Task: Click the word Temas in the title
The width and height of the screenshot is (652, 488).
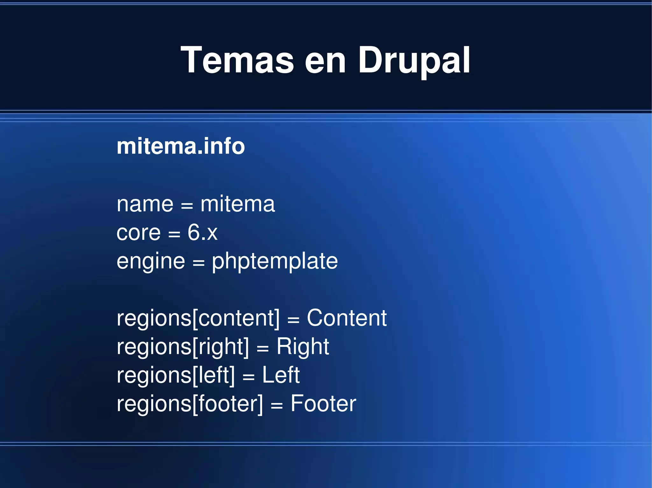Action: tap(237, 60)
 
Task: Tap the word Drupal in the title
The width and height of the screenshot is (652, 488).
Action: tap(414, 60)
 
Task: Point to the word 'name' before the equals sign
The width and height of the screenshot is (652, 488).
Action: tap(145, 204)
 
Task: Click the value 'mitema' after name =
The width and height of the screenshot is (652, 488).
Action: tap(237, 204)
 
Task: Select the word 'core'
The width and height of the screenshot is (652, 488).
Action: tap(138, 233)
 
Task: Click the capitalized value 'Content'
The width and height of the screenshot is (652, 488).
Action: tap(347, 318)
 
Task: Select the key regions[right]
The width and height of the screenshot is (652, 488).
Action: tap(183, 347)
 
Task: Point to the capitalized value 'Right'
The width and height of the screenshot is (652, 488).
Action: tap(302, 347)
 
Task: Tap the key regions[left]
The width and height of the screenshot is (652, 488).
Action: tap(175, 375)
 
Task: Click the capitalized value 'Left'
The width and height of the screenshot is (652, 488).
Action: tap(281, 375)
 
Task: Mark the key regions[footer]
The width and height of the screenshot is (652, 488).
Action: tap(190, 404)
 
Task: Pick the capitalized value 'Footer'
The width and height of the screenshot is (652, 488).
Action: tap(323, 404)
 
